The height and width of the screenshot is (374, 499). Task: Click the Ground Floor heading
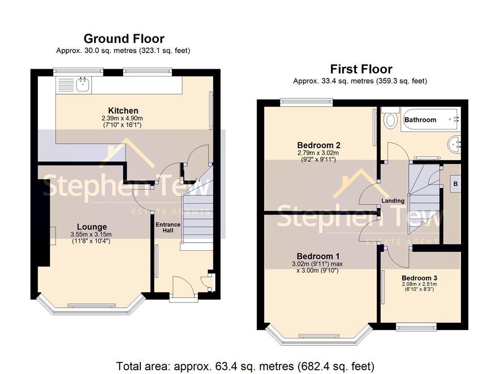pyautogui.click(x=124, y=39)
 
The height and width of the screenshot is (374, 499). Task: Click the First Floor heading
pyautogui.click(x=361, y=69)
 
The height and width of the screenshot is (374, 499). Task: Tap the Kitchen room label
pyautogui.click(x=123, y=111)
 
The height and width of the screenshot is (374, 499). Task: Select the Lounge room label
pyautogui.click(x=92, y=227)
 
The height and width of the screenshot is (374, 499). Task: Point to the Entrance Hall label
pyautogui.click(x=168, y=227)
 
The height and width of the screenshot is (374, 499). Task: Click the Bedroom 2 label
pyautogui.click(x=319, y=145)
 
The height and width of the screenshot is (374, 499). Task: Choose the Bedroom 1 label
pyautogui.click(x=318, y=256)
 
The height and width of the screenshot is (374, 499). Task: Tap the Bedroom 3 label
pyautogui.click(x=420, y=278)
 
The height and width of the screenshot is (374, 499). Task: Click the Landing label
pyautogui.click(x=393, y=201)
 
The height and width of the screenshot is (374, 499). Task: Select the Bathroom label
pyautogui.click(x=420, y=120)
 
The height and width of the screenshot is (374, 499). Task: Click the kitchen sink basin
pyautogui.click(x=83, y=85)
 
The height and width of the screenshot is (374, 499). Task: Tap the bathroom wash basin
pyautogui.click(x=455, y=145)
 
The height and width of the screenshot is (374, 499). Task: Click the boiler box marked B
pyautogui.click(x=456, y=184)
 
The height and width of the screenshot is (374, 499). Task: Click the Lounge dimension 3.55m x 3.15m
pyautogui.click(x=91, y=235)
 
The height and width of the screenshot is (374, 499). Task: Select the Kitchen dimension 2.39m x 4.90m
pyautogui.click(x=122, y=118)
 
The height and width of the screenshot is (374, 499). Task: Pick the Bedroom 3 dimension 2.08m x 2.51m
pyautogui.click(x=420, y=284)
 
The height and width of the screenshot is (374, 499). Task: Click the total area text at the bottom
pyautogui.click(x=245, y=366)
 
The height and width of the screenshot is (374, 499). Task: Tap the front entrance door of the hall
pyautogui.click(x=184, y=287)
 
